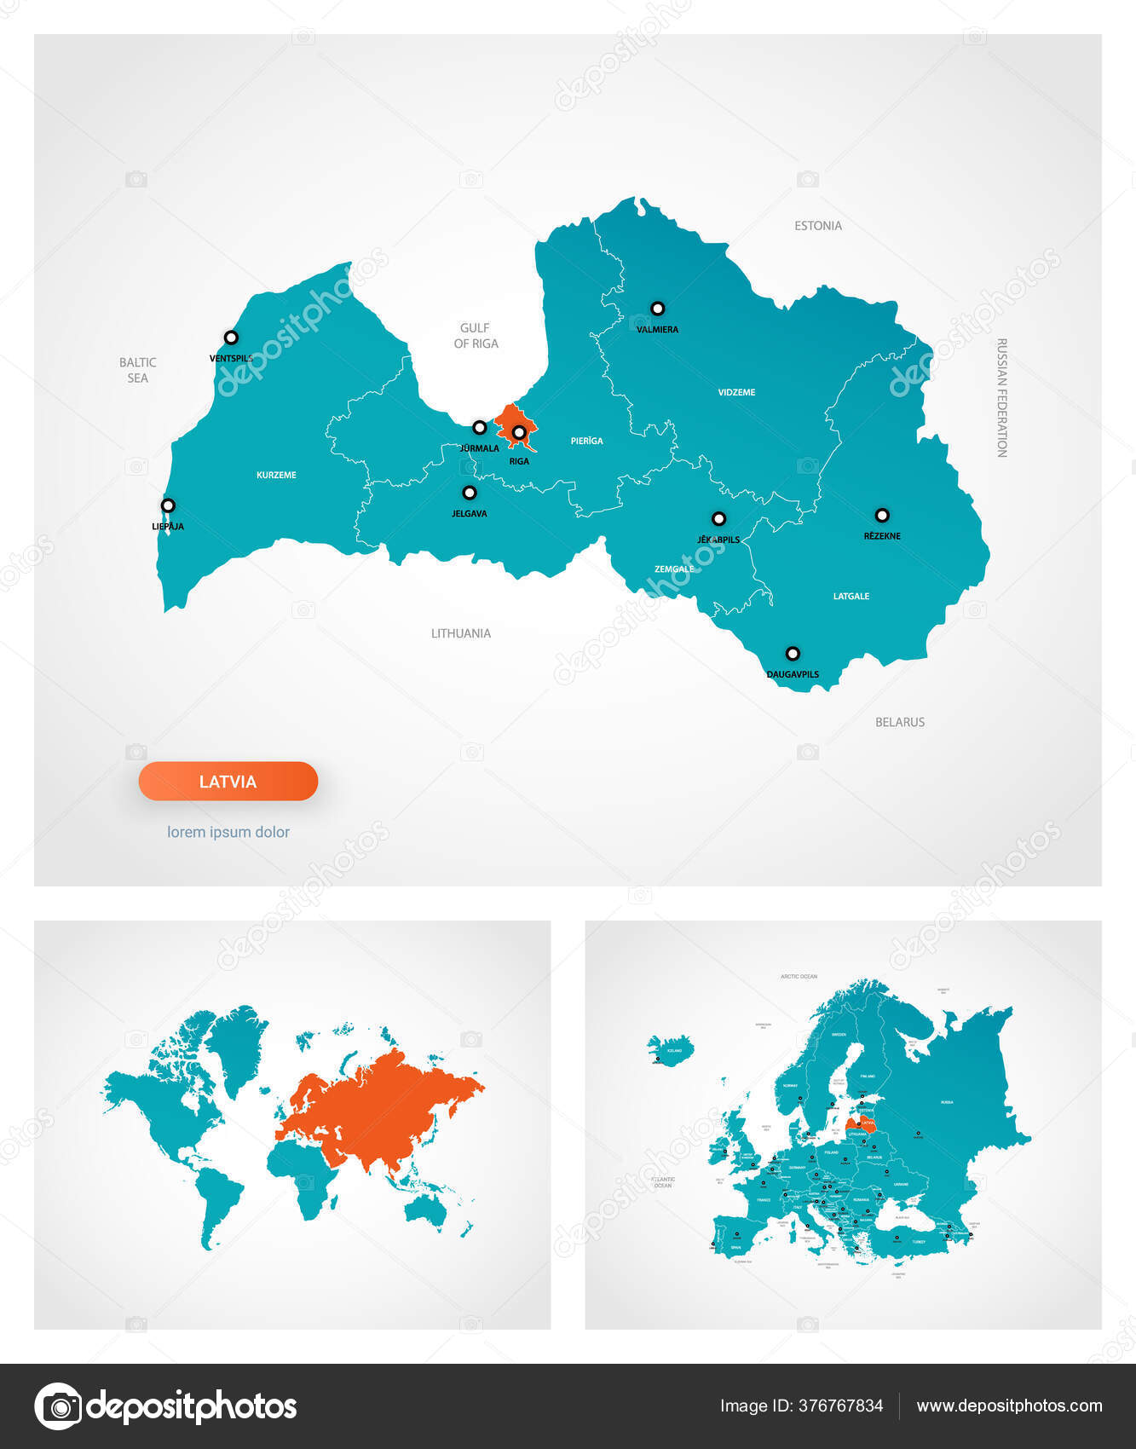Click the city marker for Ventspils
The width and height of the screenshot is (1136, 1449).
point(231,338)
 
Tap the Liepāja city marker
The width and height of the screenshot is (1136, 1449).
point(168,505)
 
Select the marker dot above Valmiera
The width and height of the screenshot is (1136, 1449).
point(657,309)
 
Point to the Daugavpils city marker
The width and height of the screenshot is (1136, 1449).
point(793,654)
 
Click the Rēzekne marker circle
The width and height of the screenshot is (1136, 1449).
point(882,515)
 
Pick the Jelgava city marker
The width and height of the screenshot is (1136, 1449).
point(469,493)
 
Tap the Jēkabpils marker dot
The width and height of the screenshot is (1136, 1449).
point(718,518)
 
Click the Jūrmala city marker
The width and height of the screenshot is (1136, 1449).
point(480,427)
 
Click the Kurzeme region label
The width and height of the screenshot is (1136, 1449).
point(276,475)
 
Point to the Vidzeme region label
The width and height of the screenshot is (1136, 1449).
point(736,392)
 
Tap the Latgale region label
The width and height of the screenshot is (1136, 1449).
point(851,596)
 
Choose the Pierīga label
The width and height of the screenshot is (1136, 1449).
point(586,441)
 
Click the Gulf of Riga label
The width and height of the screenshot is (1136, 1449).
point(476,335)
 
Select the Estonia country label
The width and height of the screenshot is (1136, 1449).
point(817,226)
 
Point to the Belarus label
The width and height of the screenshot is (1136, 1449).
point(899,722)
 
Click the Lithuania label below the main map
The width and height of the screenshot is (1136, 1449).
point(460,633)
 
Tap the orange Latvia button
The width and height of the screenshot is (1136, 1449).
point(228,781)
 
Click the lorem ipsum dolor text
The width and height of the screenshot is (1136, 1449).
point(228,832)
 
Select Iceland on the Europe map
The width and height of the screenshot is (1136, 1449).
point(670,1048)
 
